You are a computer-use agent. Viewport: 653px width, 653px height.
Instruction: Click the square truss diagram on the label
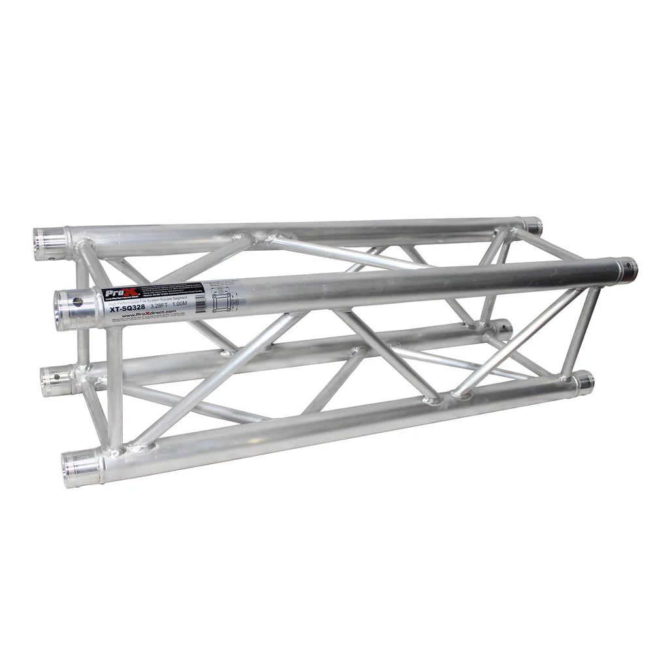(x=222, y=301)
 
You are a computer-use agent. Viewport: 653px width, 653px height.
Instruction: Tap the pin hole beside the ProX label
(x=77, y=302)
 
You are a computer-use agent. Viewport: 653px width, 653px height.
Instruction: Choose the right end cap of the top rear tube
(x=534, y=226)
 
